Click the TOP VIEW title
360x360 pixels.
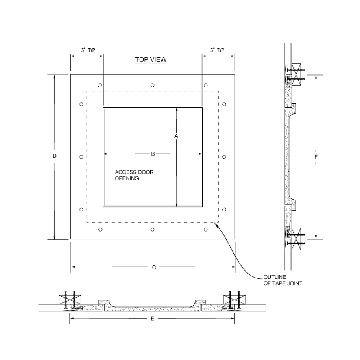coord(150,59)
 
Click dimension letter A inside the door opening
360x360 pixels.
coord(176,136)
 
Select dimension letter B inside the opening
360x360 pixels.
coord(153,154)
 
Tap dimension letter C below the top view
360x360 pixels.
coord(154,267)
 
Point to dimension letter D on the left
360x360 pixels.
coord(54,156)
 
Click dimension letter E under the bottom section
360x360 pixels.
coord(152,319)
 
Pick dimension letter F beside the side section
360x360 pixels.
coord(316,157)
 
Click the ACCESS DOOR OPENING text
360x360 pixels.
coord(134,175)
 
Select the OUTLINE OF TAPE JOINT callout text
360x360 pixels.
coord(283,280)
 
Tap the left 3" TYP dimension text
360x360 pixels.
coord(88,50)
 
